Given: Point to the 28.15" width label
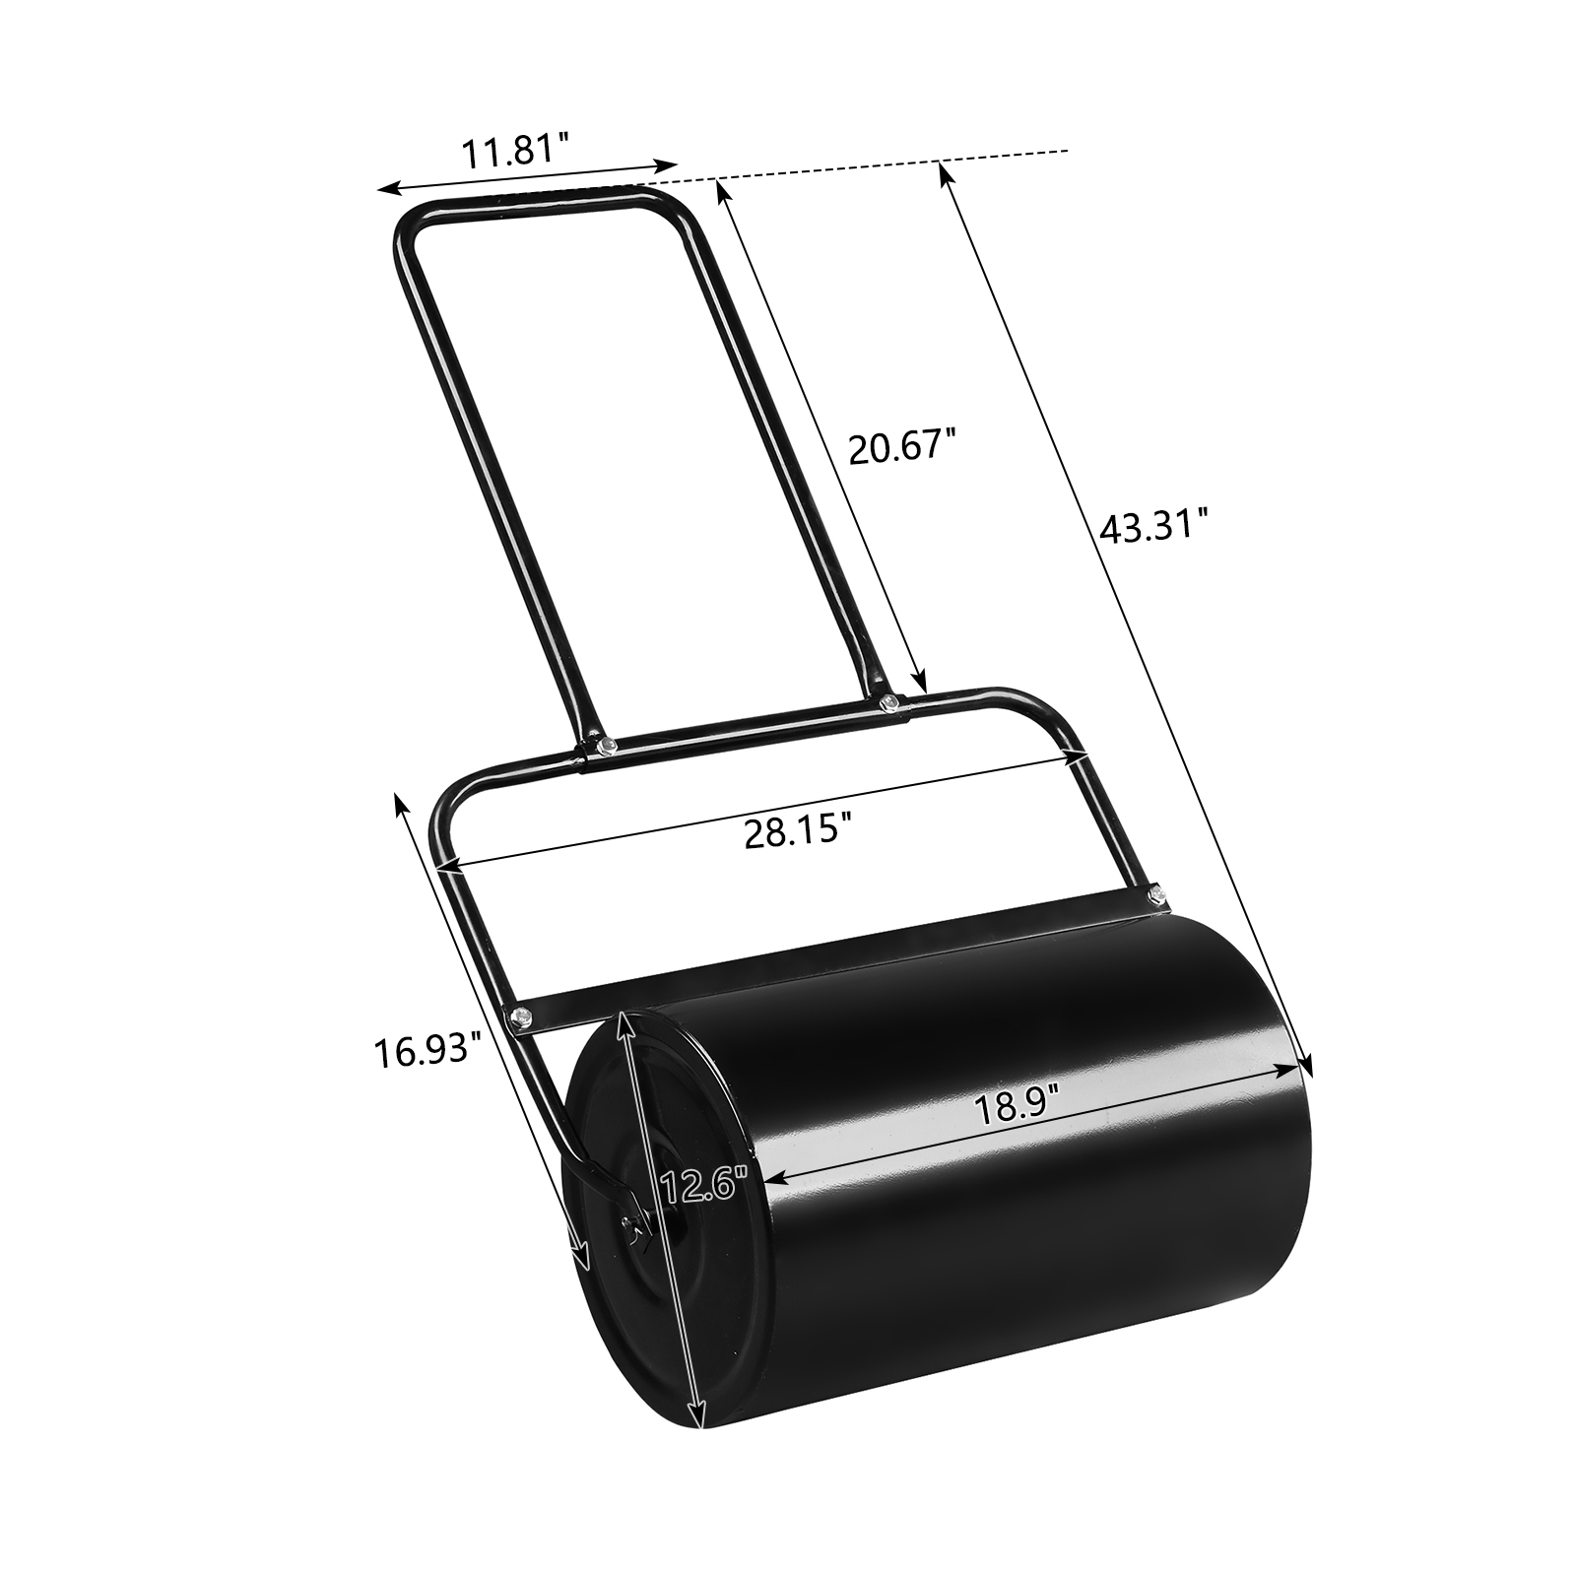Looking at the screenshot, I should point(796,832).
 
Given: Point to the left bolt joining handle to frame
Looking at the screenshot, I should point(610,744).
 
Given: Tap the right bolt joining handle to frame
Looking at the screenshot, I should point(889,701).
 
